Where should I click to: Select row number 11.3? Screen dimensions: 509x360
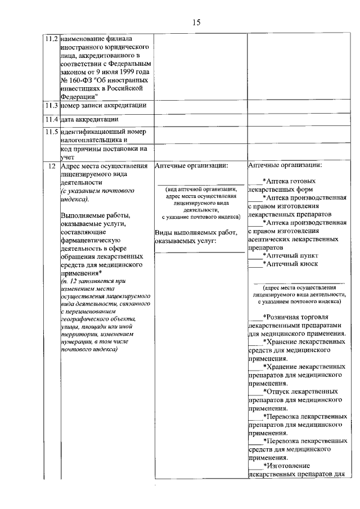52,105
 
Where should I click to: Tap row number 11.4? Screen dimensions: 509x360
52,119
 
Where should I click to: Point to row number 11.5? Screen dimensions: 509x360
52,132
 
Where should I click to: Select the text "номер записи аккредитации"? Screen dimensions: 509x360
103,105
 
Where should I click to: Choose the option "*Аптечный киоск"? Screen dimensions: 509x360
290,264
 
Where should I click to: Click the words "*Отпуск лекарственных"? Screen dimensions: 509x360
300,391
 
